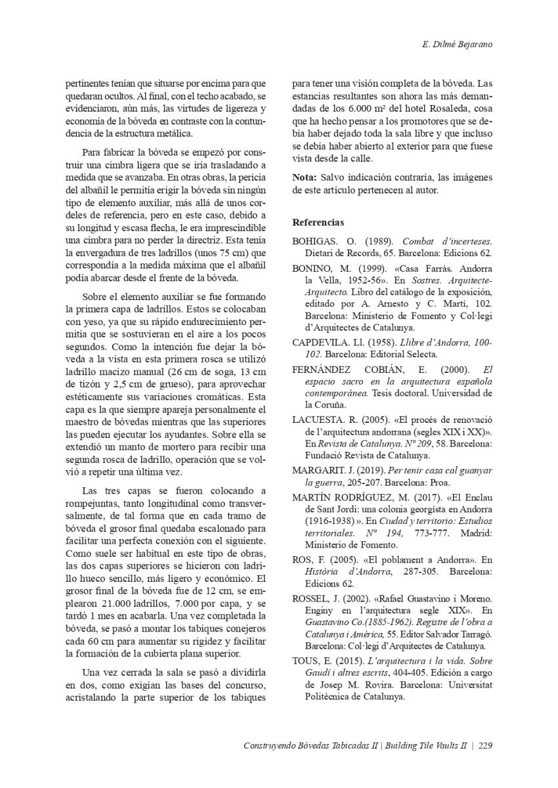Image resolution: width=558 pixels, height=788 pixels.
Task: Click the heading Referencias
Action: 318,223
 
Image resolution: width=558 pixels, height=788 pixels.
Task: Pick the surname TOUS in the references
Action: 306,661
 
